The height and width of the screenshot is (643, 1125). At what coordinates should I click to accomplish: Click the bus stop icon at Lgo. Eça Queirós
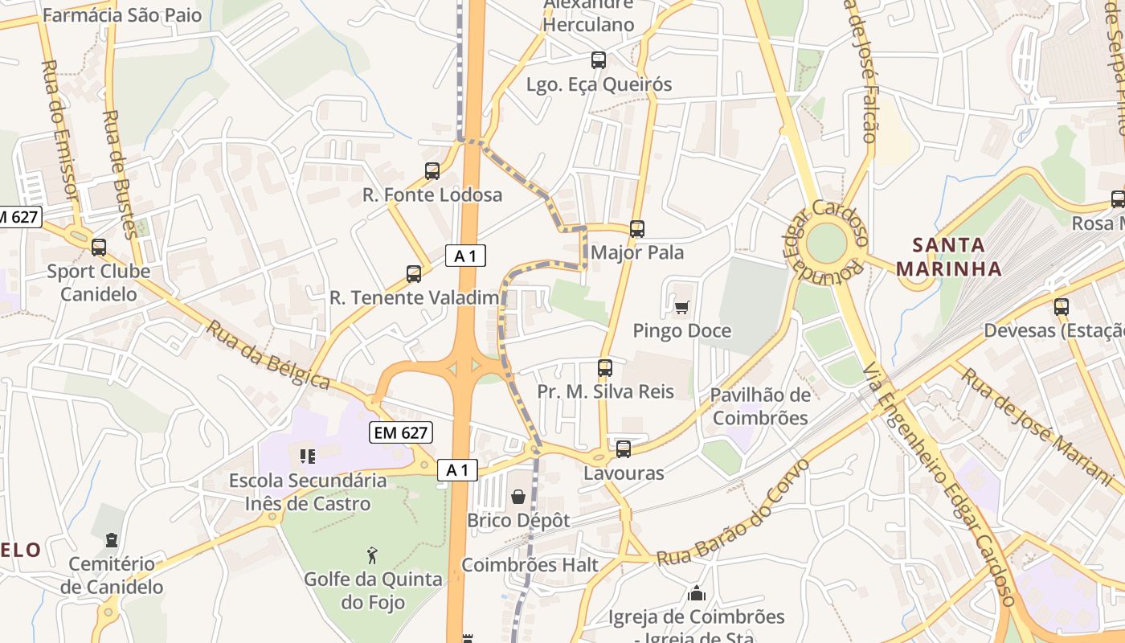pyautogui.click(x=598, y=59)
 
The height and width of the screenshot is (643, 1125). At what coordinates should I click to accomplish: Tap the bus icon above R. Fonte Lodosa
pyautogui.click(x=432, y=170)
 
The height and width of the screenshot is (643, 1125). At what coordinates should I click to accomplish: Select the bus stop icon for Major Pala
pyautogui.click(x=637, y=228)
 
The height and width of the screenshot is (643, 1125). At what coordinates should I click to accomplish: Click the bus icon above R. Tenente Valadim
pyautogui.click(x=414, y=274)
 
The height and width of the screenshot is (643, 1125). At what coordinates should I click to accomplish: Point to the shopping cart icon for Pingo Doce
pyautogui.click(x=682, y=306)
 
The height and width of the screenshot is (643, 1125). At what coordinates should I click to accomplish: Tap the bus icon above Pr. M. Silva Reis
pyautogui.click(x=605, y=368)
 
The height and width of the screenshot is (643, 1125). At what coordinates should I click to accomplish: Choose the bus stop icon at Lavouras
pyautogui.click(x=624, y=449)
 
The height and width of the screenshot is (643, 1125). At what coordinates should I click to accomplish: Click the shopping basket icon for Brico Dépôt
pyautogui.click(x=518, y=497)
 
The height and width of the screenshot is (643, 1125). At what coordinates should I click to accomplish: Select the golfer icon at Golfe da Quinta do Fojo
pyautogui.click(x=372, y=555)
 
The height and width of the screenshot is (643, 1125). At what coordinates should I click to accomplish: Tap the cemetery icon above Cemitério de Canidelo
pyautogui.click(x=111, y=540)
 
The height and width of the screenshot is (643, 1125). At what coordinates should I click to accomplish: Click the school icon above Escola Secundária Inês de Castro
pyautogui.click(x=307, y=457)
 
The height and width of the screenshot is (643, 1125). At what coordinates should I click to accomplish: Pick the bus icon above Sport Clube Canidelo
pyautogui.click(x=99, y=248)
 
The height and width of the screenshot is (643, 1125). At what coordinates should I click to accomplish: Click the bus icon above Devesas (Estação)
pyautogui.click(x=1062, y=306)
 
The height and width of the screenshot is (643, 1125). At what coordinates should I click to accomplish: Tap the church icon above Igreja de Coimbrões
pyautogui.click(x=697, y=593)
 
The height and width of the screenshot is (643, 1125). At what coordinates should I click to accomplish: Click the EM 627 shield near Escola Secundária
pyautogui.click(x=401, y=432)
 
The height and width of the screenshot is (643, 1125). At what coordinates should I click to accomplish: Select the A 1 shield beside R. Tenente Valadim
pyautogui.click(x=465, y=256)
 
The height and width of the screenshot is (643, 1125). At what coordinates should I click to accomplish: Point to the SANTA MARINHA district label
pyautogui.click(x=949, y=256)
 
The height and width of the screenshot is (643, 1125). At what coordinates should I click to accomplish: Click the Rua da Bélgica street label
pyautogui.click(x=268, y=354)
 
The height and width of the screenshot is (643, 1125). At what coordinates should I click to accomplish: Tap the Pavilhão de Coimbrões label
pyautogui.click(x=760, y=406)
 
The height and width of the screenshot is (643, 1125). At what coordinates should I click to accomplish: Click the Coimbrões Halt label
pyautogui.click(x=530, y=565)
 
